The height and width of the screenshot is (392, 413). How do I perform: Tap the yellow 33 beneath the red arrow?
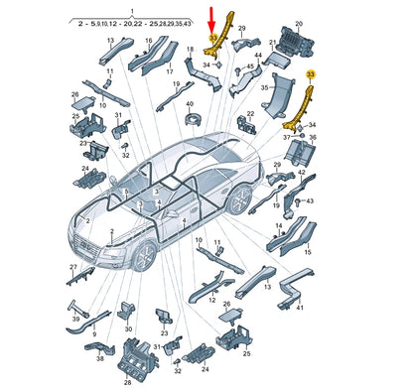point(213,39)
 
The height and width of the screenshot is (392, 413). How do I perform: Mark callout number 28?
point(126,382)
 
